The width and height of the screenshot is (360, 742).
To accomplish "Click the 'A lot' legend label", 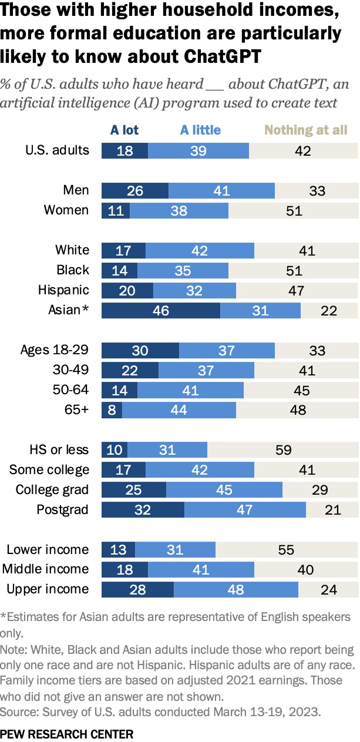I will [125, 130].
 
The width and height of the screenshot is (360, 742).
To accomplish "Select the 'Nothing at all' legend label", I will [306, 130].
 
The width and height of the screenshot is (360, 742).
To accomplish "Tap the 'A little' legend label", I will [201, 130].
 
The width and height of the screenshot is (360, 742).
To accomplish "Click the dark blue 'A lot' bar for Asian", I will [160, 310].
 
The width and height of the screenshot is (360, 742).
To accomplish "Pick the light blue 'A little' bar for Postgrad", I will [245, 509].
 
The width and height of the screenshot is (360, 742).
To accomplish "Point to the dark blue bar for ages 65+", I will [112, 410].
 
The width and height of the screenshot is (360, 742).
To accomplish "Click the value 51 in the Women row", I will [293, 210].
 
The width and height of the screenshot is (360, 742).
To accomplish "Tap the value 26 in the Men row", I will [135, 190].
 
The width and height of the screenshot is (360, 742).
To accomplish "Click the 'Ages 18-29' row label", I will [55, 350].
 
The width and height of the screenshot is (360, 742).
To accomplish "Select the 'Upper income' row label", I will [48, 589].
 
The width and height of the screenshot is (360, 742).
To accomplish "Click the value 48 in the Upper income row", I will [235, 589].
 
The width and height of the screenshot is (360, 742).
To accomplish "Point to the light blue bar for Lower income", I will [175, 550].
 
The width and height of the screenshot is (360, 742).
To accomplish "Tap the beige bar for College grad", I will [319, 490].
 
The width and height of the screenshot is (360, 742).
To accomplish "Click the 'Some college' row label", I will [50, 469].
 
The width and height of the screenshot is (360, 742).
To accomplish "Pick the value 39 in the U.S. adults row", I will [198, 150].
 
